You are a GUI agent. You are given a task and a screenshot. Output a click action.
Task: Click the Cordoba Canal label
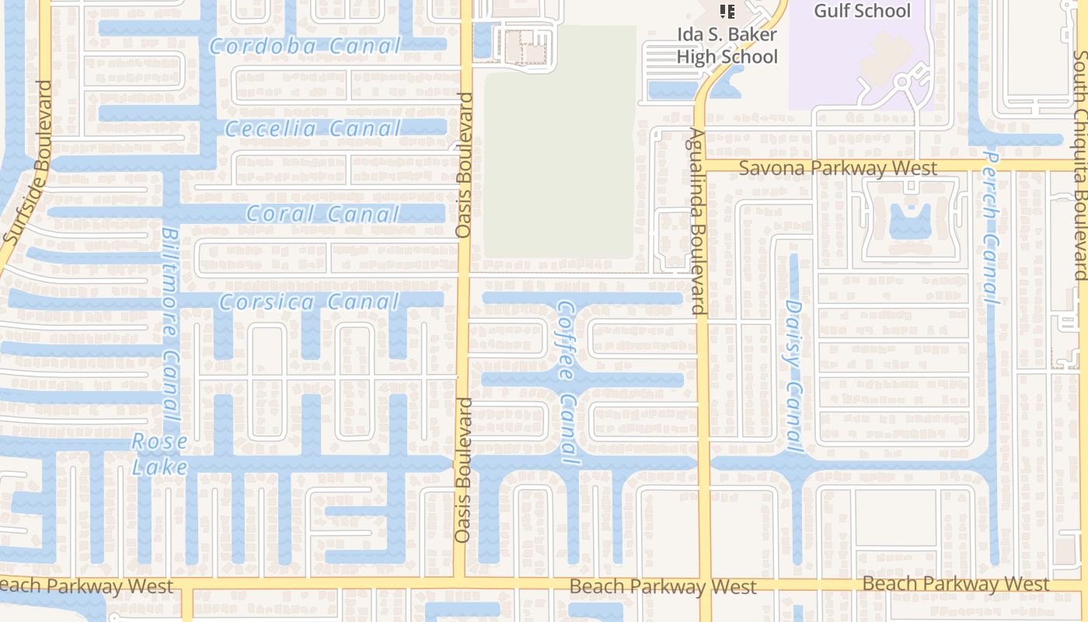click(x=305, y=46)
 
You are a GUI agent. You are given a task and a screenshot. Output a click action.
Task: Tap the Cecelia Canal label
click(x=324, y=128)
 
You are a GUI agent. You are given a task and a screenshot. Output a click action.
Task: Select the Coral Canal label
click(x=323, y=214)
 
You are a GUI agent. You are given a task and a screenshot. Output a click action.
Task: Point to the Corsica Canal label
click(x=309, y=302)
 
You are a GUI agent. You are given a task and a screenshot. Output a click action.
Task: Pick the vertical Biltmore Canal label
click(x=171, y=327)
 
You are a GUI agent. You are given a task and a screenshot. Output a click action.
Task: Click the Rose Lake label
click(x=160, y=454)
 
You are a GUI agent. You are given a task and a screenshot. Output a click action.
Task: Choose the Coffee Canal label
click(x=567, y=385)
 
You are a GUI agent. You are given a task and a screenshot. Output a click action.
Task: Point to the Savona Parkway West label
click(x=838, y=168)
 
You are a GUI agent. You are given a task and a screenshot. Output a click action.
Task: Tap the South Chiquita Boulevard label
click(x=1080, y=165)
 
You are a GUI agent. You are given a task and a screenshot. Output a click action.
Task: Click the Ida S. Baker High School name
click(x=727, y=47)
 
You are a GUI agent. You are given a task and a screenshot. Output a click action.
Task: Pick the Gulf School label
click(x=862, y=11)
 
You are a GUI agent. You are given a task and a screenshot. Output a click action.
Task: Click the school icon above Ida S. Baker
click(x=727, y=11)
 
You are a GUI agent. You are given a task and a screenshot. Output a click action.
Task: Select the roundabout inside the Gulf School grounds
click(x=902, y=81)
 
